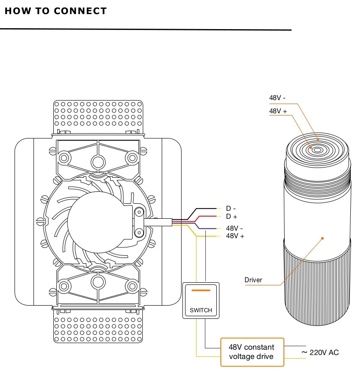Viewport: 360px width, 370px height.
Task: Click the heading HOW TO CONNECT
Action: tap(56, 11)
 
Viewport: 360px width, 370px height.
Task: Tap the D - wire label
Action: tap(231, 208)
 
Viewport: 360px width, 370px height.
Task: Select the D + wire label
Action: tap(231, 217)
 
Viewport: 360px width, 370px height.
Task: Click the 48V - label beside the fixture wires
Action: tap(235, 229)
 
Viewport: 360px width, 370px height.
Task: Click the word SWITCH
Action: tap(201, 310)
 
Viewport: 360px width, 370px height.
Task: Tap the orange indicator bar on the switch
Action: tap(201, 291)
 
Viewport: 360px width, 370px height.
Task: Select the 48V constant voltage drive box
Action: tap(252, 352)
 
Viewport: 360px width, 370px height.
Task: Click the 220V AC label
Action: tap(320, 352)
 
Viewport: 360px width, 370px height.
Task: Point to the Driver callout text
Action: tap(253, 280)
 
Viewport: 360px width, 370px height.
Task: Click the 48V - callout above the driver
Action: tap(278, 97)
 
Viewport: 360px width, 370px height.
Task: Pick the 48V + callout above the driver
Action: tap(278, 111)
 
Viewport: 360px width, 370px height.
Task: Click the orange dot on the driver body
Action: tap(323, 238)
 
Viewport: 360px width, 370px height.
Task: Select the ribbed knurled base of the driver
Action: tap(317, 287)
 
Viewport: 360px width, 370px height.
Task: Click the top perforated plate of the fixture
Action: tap(98, 116)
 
